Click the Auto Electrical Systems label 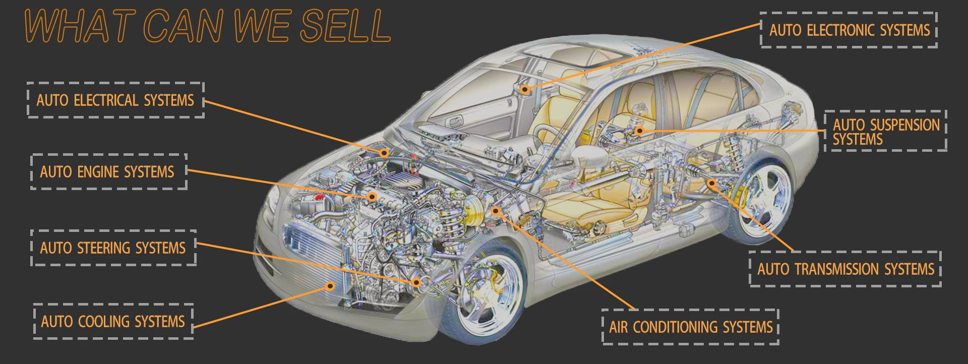tap(115, 100)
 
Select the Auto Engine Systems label tap(107, 172)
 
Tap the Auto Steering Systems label tap(113, 248)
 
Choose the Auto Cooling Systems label tap(113, 321)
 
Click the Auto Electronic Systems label tap(850, 30)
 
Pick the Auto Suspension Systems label tap(886, 131)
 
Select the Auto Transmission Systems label tap(845, 269)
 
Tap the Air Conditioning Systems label tap(691, 327)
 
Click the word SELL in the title tap(346, 26)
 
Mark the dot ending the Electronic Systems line tap(525, 90)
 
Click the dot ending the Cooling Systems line tap(330, 286)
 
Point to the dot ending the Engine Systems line tap(372, 197)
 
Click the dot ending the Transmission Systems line tap(711, 184)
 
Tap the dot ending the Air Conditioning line tap(496, 211)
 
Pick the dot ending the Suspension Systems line tap(639, 131)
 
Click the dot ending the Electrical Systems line tap(384, 152)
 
